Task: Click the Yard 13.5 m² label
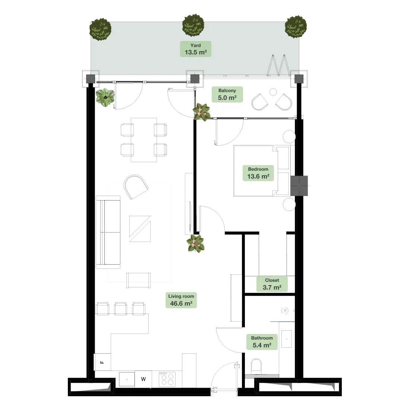coord(196,49)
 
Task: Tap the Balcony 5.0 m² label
coord(227,94)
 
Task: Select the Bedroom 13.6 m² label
coord(258,173)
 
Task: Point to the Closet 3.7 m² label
coord(272,284)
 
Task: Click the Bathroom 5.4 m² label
coord(262,342)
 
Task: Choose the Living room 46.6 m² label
coord(181,300)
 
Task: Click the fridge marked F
coord(102,362)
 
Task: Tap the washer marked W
coord(143,379)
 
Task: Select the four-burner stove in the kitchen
coord(167,379)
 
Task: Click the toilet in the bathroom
coord(256,366)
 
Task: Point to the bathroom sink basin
coord(287,339)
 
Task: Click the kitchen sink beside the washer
coord(127,379)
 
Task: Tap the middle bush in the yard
coord(193,25)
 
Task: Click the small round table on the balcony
coord(273,92)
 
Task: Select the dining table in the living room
coord(144,140)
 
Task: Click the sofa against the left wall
coord(108,232)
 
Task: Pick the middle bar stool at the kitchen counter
coord(120,309)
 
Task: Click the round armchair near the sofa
coord(136,186)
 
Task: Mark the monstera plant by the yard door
coord(105,97)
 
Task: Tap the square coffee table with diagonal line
coord(140,229)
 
